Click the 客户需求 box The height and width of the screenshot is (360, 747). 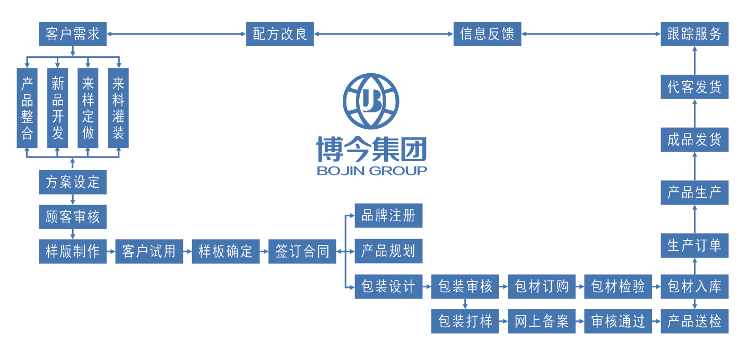pyautogui.click(x=73, y=34)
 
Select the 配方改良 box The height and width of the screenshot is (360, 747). pyautogui.click(x=280, y=34)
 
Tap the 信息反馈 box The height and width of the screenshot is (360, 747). pyautogui.click(x=487, y=34)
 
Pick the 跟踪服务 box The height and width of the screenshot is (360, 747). pyautogui.click(x=694, y=34)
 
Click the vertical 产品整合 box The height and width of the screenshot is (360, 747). pyautogui.click(x=27, y=108)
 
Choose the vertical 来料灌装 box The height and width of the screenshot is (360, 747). pyautogui.click(x=118, y=108)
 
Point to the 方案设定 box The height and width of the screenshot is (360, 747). pyautogui.click(x=73, y=182)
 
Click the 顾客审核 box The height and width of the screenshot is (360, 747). pyautogui.click(x=73, y=217)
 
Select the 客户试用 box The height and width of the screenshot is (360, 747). pyautogui.click(x=149, y=251)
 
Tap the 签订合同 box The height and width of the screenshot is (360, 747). pyautogui.click(x=302, y=251)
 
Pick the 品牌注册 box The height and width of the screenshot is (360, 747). pyautogui.click(x=388, y=216)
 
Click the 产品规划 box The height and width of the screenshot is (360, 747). pyautogui.click(x=388, y=251)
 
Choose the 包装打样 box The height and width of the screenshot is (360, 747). pyautogui.click(x=465, y=321)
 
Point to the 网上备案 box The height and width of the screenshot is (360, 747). pyautogui.click(x=542, y=321)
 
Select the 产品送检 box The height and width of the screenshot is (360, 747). pyautogui.click(x=694, y=321)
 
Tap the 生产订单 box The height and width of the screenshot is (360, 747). pyautogui.click(x=694, y=245)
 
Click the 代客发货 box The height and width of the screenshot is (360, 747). pyautogui.click(x=694, y=87)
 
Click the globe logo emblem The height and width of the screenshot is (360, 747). pyautogui.click(x=371, y=101)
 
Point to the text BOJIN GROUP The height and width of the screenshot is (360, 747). pyautogui.click(x=371, y=171)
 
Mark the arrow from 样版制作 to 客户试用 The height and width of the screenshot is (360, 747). pyautogui.click(x=111, y=251)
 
